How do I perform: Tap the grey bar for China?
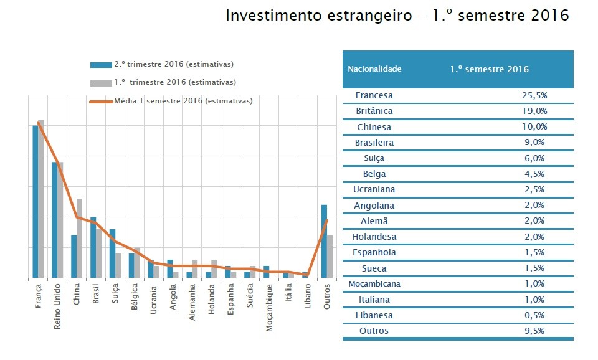(79, 238)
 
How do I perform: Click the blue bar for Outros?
(324, 241)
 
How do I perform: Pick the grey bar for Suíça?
(118, 265)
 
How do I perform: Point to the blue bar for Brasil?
(93, 247)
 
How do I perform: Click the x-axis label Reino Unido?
(57, 303)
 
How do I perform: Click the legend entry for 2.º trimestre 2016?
(174, 64)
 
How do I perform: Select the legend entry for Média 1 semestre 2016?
(183, 101)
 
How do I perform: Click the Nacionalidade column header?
(374, 69)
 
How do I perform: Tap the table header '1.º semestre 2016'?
(489, 69)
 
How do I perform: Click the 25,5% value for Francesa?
(534, 95)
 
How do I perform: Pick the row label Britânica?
(374, 111)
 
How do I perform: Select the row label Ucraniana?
(374, 189)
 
